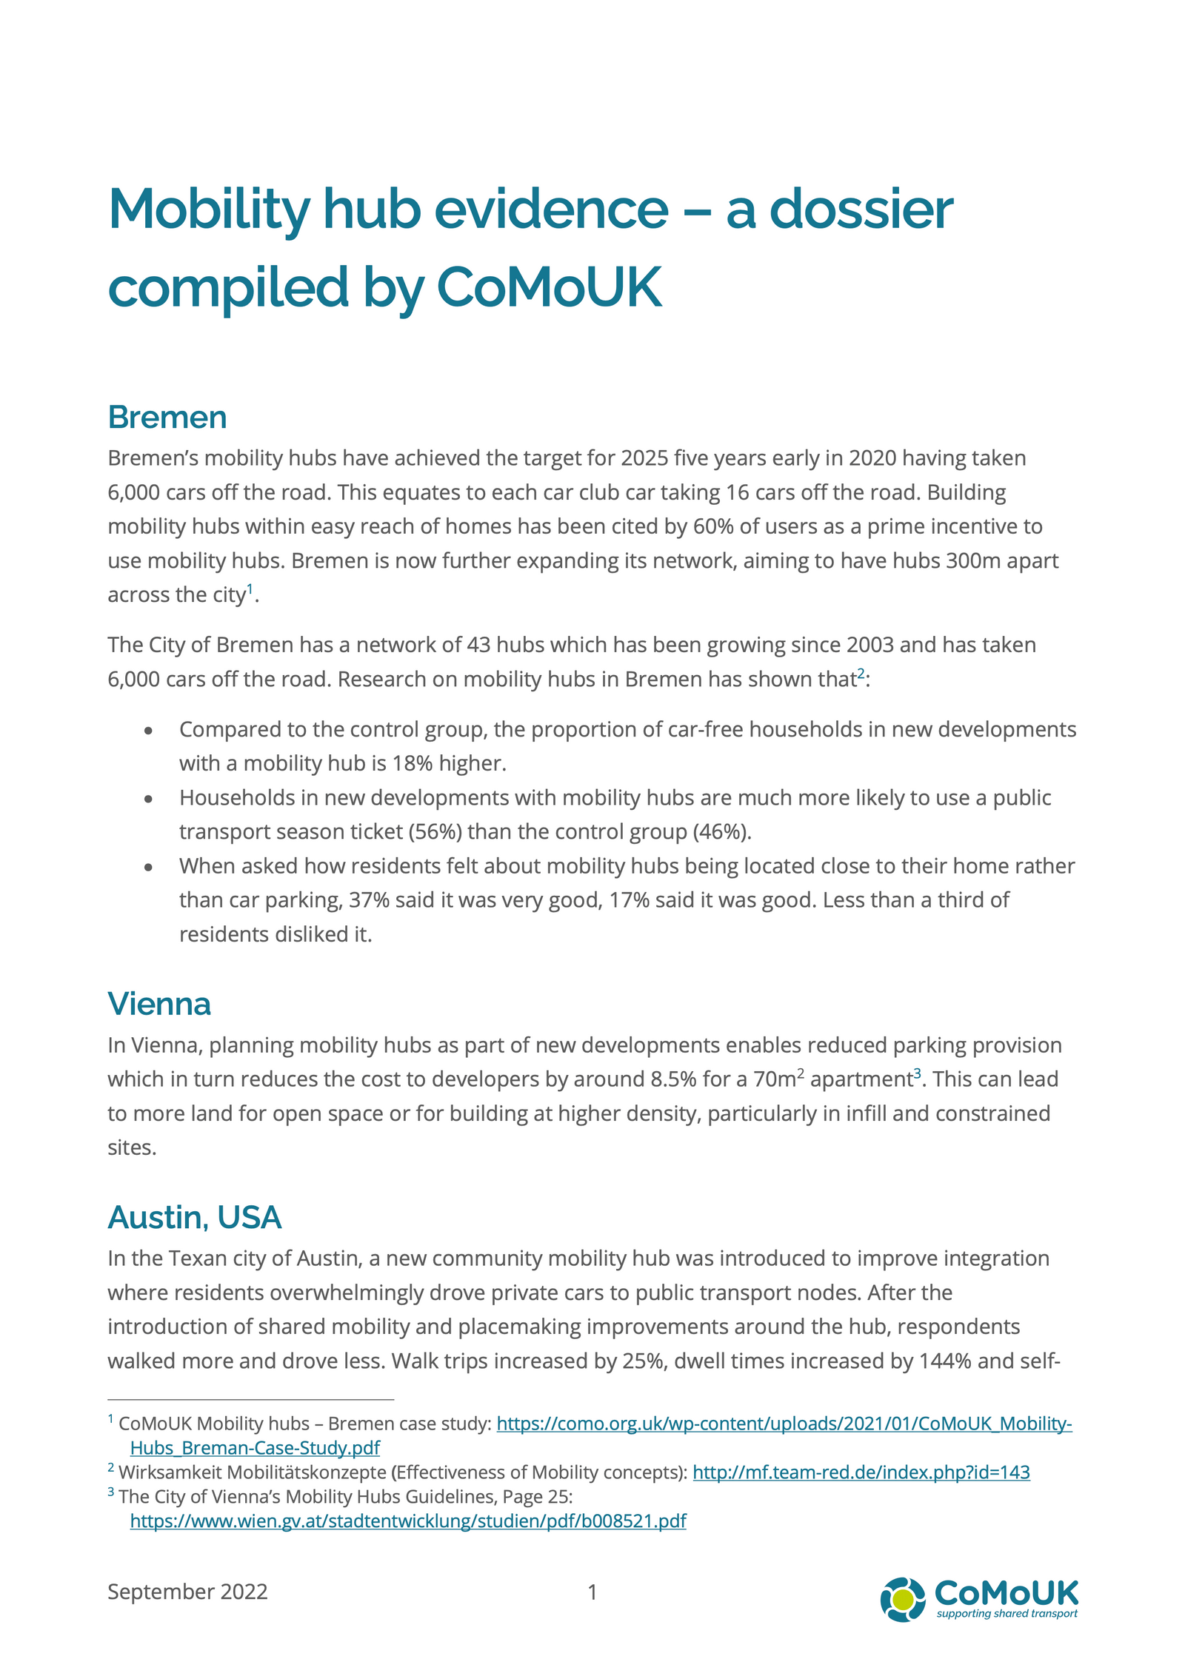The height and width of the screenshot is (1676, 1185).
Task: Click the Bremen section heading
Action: (167, 418)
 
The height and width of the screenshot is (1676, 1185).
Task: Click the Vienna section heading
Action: (159, 1004)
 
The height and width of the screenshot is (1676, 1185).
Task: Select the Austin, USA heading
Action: (194, 1217)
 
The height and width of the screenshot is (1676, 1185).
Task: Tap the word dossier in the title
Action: (861, 209)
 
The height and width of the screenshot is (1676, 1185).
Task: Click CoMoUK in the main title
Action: (549, 287)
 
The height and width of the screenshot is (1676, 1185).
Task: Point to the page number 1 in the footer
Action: (592, 1592)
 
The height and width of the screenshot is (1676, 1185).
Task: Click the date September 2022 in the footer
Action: (187, 1592)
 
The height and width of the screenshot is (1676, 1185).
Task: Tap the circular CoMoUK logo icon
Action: (902, 1599)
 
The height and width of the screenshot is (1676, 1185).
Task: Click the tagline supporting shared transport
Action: (1007, 1614)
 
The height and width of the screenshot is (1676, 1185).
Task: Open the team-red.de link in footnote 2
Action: (861, 1472)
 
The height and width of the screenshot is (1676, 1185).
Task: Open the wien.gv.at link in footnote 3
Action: (408, 1521)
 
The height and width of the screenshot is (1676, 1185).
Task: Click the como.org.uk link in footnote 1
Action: (784, 1424)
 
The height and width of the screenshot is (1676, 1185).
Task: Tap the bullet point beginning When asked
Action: (149, 867)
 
